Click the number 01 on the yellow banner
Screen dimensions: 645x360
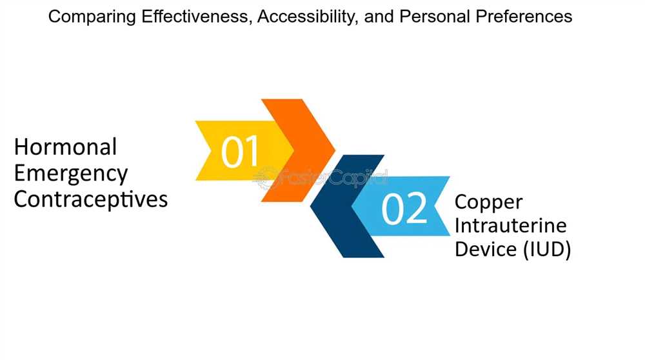click(240, 152)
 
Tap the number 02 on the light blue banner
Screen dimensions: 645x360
click(405, 208)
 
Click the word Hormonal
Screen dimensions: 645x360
click(65, 147)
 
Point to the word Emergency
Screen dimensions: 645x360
click(71, 174)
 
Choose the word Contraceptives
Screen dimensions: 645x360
click(91, 199)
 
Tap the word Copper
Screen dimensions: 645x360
click(489, 203)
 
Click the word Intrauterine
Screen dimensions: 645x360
click(510, 225)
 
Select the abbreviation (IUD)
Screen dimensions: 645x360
click(547, 250)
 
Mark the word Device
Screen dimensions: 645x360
click(486, 249)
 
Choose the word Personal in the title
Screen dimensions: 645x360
click(434, 17)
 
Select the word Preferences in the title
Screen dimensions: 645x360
click(524, 17)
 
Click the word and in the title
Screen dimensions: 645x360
click(379, 17)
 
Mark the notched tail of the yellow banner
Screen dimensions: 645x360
click(203, 150)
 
